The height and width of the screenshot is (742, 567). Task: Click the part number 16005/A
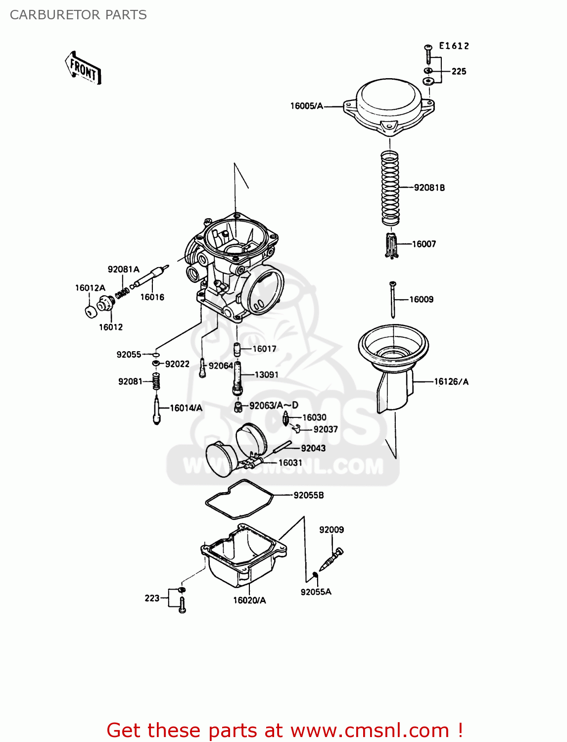coord(306,106)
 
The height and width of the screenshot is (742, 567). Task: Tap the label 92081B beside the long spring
coord(429,187)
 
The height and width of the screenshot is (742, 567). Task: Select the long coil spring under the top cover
coord(390,187)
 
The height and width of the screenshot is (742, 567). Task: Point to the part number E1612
coord(454,46)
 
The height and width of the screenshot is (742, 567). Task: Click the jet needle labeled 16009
coord(392,299)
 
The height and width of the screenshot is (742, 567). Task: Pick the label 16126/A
coord(451,381)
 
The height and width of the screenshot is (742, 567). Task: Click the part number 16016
coord(152,297)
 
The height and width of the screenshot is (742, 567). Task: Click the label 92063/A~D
coord(274,406)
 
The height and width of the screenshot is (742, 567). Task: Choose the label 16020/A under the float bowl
coord(249,600)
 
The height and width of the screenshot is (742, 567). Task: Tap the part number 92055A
coord(316,592)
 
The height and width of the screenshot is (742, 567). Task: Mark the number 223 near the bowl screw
coord(152,598)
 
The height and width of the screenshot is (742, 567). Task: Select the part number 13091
coord(266,374)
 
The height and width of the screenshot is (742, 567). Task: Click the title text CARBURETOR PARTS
coord(78,15)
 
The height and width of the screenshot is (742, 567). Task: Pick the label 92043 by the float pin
coord(313,448)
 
